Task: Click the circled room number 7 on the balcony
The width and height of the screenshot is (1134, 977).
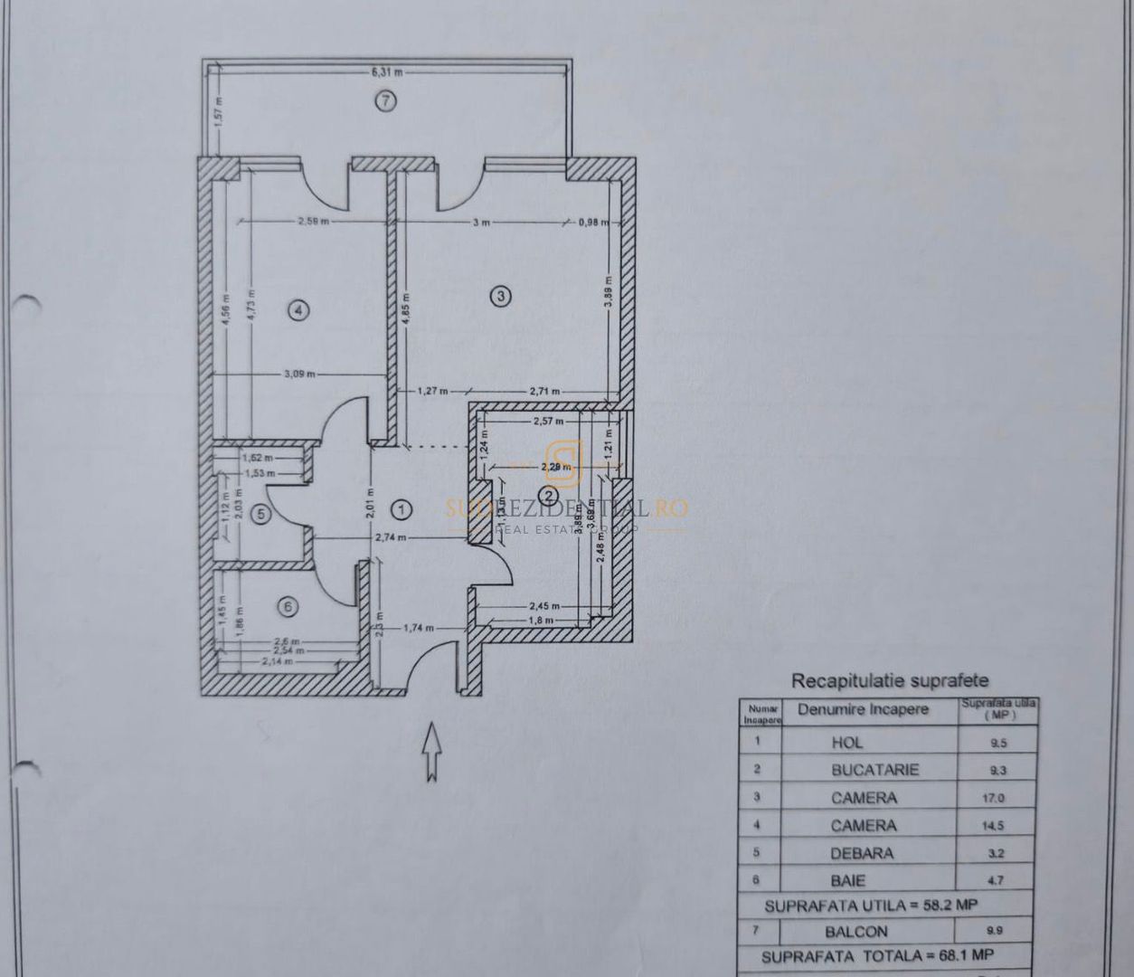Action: [x=386, y=101]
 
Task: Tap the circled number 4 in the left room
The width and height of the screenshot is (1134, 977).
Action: [x=299, y=310]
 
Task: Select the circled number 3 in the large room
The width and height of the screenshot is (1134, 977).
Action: [x=497, y=294]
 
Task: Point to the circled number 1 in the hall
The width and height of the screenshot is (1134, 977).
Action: [x=402, y=510]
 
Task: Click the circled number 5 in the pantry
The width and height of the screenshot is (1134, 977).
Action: [x=260, y=515]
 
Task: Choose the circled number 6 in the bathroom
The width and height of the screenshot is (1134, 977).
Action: [x=288, y=607]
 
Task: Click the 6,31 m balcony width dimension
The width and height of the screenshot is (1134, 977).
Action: [x=386, y=71]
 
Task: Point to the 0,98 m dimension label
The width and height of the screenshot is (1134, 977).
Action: [x=593, y=222]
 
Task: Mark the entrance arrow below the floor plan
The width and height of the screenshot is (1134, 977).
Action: [x=431, y=750]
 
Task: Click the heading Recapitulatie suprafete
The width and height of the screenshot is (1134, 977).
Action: [x=890, y=681]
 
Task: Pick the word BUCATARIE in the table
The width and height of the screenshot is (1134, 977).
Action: [x=874, y=770]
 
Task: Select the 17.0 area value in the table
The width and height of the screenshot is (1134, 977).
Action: [x=999, y=798]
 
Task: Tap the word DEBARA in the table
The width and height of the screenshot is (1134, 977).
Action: [x=862, y=853]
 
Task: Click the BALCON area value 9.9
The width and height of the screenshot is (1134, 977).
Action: [x=998, y=930]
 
